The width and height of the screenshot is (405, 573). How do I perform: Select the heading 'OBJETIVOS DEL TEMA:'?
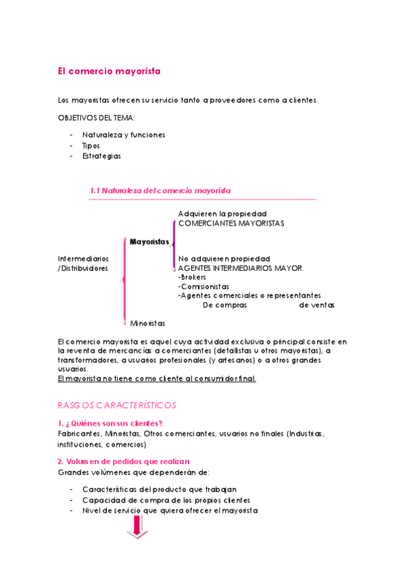click(x=97, y=118)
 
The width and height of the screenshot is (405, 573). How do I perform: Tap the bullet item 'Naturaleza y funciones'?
click(x=124, y=135)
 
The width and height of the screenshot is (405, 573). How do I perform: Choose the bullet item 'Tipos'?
click(x=91, y=145)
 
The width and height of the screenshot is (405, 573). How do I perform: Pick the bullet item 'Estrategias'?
click(x=101, y=155)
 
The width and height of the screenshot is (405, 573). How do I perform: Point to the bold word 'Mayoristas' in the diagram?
click(x=149, y=241)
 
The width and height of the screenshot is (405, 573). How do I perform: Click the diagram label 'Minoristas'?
click(x=148, y=324)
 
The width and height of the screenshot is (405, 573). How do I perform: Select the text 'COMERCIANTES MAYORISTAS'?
click(x=231, y=223)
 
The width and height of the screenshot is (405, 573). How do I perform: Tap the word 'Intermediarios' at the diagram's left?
click(x=83, y=259)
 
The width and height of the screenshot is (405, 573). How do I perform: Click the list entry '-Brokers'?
click(x=193, y=277)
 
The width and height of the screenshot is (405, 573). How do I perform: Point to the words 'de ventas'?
click(x=316, y=305)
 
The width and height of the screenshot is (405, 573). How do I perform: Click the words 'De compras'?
click(x=225, y=305)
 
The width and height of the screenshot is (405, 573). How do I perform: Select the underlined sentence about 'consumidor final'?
click(x=157, y=378)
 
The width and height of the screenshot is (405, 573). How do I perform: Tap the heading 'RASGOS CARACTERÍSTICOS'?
click(x=117, y=405)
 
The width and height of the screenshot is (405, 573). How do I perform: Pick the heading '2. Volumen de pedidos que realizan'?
click(x=123, y=462)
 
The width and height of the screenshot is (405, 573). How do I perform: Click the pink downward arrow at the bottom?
click(x=137, y=527)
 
